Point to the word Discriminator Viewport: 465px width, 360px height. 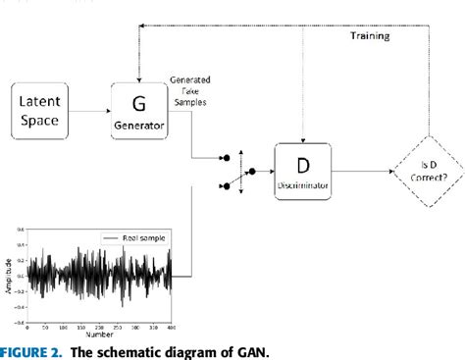306,182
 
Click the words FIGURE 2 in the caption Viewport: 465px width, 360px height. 36,350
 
